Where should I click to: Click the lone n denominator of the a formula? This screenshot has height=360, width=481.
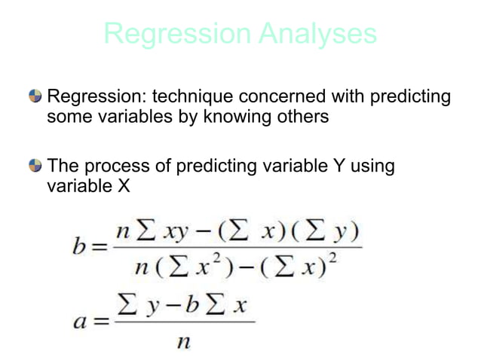point(181,342)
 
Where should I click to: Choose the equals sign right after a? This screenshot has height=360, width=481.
point(99,322)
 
